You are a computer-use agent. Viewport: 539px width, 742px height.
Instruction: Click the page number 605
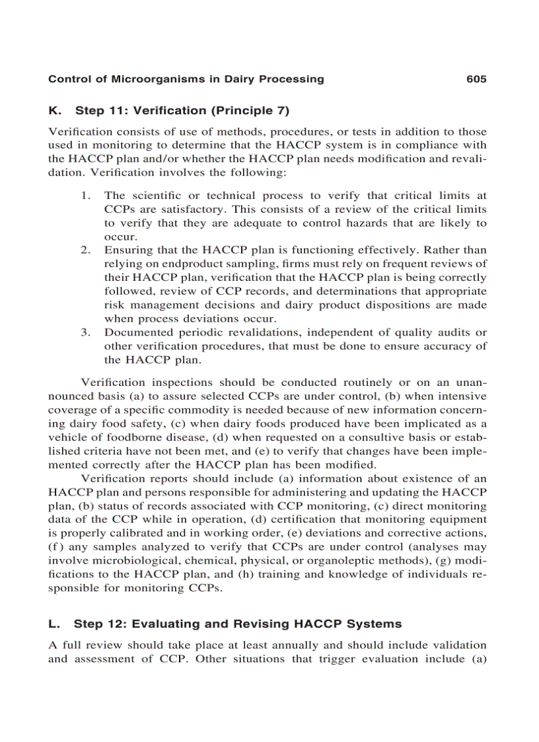(476, 79)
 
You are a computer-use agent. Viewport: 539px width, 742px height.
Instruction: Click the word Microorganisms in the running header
(147, 79)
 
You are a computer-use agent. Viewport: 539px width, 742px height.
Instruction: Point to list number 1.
(86, 196)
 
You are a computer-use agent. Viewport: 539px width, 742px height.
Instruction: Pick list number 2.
(86, 250)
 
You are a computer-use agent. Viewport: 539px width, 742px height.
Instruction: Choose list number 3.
(86, 332)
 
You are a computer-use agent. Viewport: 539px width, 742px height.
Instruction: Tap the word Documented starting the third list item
(136, 332)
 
